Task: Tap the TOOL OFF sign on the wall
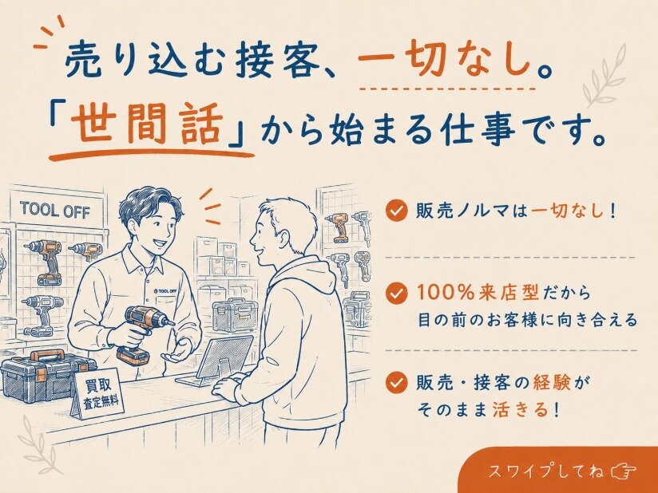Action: pos(55,209)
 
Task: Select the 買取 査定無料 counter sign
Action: pos(97,393)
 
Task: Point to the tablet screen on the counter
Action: pos(224,357)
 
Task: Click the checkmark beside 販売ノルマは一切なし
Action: pos(396,210)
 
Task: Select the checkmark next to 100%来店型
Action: pos(396,293)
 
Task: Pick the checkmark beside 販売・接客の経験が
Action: pos(396,382)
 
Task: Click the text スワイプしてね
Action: pos(546,471)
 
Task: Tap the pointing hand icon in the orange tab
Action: pos(624,471)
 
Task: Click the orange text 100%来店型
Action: pos(478,293)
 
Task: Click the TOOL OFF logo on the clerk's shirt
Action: pos(165,290)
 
